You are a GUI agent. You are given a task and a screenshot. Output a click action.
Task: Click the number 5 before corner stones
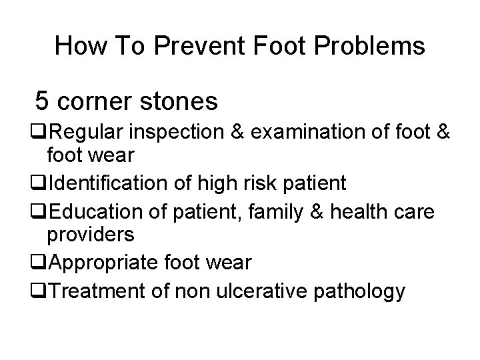click(42, 101)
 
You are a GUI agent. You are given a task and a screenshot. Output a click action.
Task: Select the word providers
click(91, 235)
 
